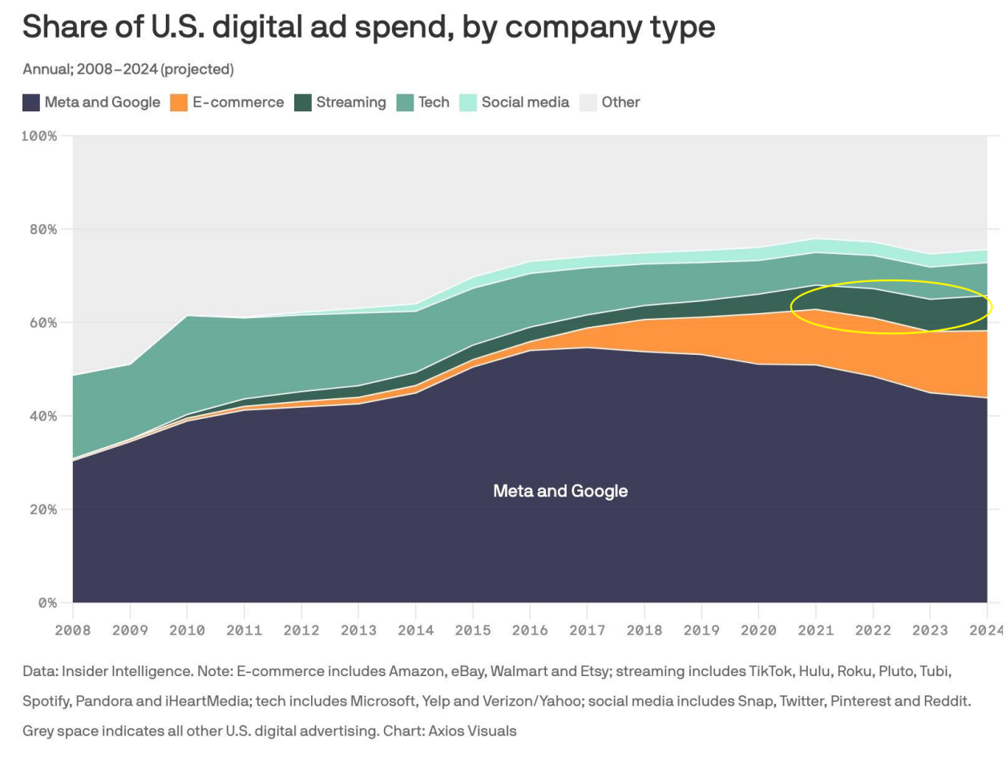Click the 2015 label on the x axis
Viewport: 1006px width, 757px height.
pos(473,630)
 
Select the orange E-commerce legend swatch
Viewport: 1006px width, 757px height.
pos(179,103)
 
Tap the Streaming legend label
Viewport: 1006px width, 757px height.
pos(350,103)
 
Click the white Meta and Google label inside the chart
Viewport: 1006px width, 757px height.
pos(560,491)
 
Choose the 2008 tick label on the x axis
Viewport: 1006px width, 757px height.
pos(73,630)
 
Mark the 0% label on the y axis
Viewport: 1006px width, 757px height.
pos(47,602)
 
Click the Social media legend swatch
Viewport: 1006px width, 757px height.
pos(468,103)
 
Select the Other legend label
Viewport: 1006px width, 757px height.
pos(620,103)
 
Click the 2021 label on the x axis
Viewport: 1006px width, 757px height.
pos(815,630)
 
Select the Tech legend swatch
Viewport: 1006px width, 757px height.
pos(406,103)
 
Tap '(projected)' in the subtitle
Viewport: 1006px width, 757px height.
pos(197,70)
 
